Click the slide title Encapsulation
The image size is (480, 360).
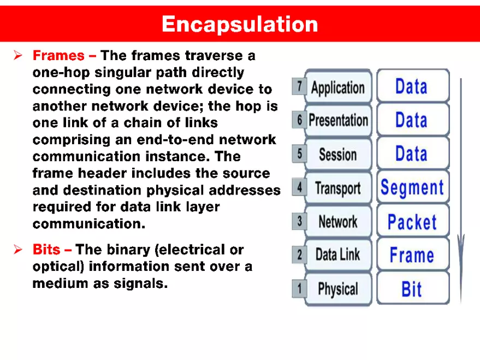(239, 24)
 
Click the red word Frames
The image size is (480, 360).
(58, 56)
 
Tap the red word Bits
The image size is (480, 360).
(47, 250)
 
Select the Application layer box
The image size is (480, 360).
(337, 87)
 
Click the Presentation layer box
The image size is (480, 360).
(338, 120)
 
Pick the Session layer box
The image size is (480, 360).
(337, 154)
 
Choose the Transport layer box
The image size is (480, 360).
(337, 188)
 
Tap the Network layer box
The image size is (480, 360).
(337, 222)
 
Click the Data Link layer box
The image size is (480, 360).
(337, 255)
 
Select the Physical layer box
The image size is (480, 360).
(337, 288)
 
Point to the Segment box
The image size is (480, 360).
(412, 188)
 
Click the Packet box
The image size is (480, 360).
(412, 222)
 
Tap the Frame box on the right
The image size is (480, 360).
(412, 255)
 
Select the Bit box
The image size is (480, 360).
(412, 288)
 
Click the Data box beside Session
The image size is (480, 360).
(412, 154)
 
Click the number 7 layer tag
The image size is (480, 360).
(299, 86)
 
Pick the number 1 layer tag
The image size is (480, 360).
(299, 288)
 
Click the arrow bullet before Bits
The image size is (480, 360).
(17, 250)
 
